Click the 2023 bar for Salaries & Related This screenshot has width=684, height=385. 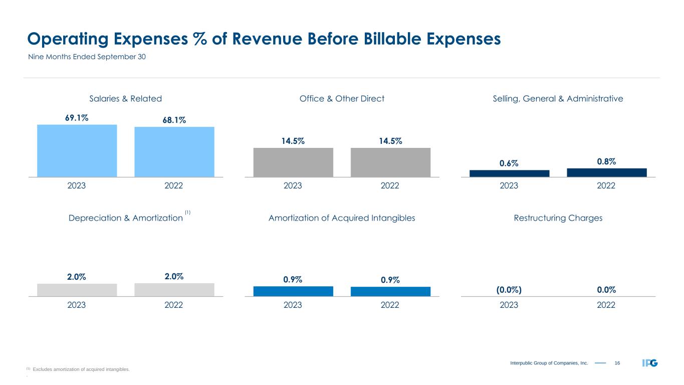tap(77, 150)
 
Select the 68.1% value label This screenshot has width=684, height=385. tap(174, 120)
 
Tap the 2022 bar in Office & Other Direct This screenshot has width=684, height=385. tap(390, 162)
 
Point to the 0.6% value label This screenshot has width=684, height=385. tap(509, 163)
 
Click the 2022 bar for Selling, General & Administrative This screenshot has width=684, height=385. tap(606, 172)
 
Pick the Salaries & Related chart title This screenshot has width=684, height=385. tap(125, 99)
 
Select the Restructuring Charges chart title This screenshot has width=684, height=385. tap(558, 218)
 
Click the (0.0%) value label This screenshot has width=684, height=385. tap(509, 290)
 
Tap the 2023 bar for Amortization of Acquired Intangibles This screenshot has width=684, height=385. tap(293, 291)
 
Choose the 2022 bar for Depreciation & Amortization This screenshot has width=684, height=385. tap(174, 290)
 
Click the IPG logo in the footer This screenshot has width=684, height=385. tap(650, 362)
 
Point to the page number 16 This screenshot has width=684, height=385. tap(617, 362)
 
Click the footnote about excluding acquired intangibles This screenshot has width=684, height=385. tap(80, 369)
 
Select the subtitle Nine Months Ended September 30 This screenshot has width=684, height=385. tap(86, 57)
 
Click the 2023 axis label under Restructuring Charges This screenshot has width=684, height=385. tap(509, 305)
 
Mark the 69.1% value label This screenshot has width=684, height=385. tap(77, 118)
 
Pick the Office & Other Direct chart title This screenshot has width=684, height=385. tap(342, 99)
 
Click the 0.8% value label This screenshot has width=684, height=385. tap(606, 161)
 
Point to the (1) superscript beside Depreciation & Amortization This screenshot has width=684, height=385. tap(188, 213)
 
